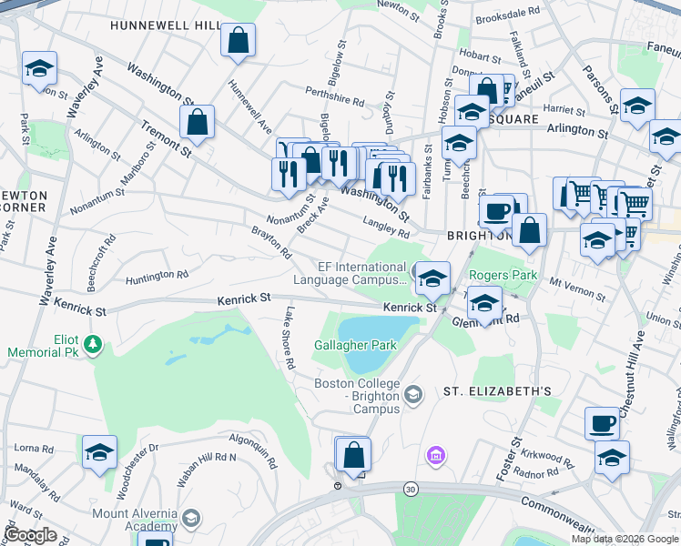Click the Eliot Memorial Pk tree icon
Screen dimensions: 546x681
91,344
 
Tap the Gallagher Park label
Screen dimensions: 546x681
355,345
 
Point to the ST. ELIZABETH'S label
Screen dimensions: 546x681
497,391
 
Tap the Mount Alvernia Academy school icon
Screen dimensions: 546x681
191,518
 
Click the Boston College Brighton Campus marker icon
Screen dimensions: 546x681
414,394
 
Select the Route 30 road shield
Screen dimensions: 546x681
412,490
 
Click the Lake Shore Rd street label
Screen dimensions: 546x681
289,338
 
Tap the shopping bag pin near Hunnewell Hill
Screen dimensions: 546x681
238,40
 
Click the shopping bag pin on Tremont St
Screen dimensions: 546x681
197,122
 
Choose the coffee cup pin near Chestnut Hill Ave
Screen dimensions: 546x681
603,423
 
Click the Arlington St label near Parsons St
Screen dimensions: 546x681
577,133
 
